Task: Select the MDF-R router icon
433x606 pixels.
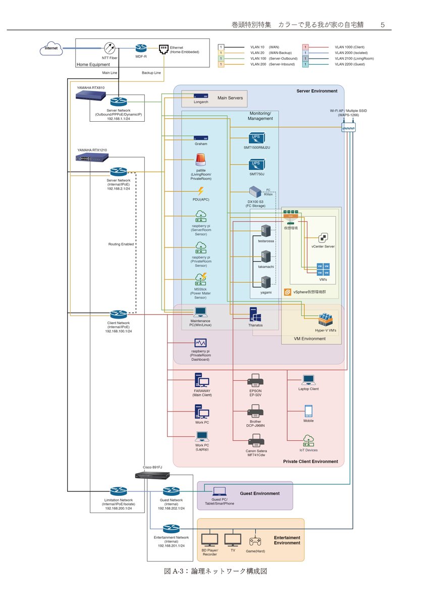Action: (x=141, y=48)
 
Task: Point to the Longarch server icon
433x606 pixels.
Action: (x=201, y=95)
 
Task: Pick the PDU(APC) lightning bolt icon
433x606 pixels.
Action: (x=201, y=191)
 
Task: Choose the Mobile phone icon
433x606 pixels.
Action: (x=308, y=411)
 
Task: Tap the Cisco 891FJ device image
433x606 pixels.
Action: (x=152, y=475)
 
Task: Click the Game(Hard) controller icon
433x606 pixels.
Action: (x=255, y=540)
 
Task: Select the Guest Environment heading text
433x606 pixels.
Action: (x=259, y=493)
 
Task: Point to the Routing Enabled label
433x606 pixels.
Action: (x=121, y=244)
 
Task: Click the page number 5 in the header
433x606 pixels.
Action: (x=383, y=24)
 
